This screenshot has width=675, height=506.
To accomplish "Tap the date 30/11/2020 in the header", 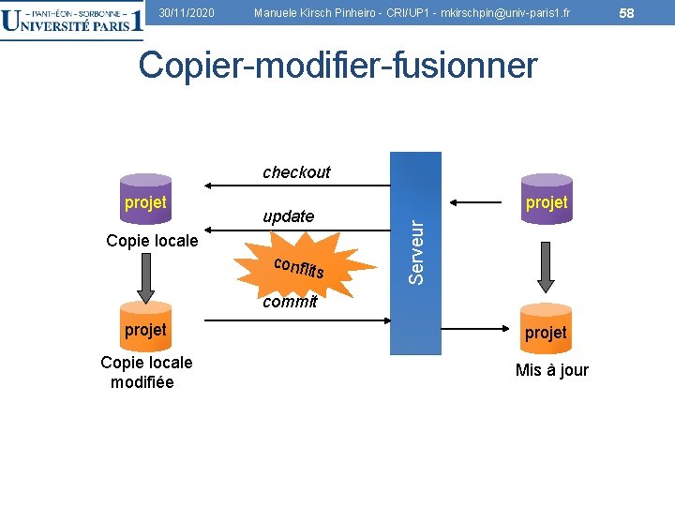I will [x=187, y=12].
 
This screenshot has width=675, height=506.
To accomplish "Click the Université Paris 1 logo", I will [x=72, y=21].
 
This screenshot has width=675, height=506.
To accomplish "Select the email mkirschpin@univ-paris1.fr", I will [x=498, y=12].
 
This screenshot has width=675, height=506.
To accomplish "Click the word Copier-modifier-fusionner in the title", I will [x=337, y=66].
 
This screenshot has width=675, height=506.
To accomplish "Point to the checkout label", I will [x=296, y=172].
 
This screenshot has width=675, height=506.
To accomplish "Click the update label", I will [x=289, y=216].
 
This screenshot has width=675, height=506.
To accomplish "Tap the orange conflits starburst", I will [x=298, y=267].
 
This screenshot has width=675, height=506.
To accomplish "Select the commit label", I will [x=290, y=302].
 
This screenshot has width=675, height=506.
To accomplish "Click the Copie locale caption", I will [x=152, y=241].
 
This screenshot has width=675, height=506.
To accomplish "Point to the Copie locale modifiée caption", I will [x=146, y=372].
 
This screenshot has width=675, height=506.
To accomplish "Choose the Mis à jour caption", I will [x=552, y=370].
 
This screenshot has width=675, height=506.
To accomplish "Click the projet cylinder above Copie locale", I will [x=145, y=203].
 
